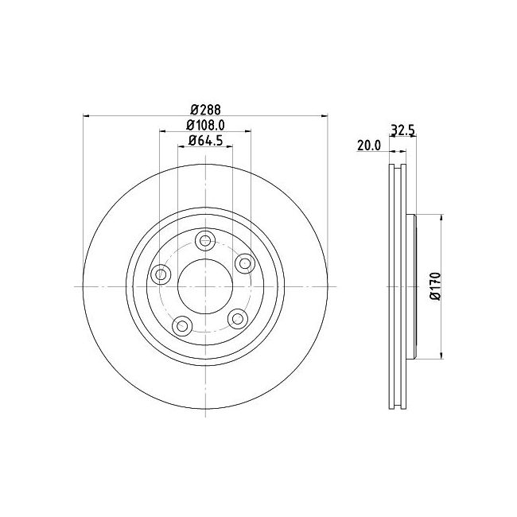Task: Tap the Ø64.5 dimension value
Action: (205, 141)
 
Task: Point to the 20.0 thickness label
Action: (369, 146)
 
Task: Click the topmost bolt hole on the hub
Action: (206, 240)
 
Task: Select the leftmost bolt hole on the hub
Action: (161, 274)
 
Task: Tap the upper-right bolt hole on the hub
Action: (243, 262)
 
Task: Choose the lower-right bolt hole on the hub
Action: (236, 317)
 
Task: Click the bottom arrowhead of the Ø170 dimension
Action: (441, 356)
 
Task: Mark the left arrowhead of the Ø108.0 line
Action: (163, 132)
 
